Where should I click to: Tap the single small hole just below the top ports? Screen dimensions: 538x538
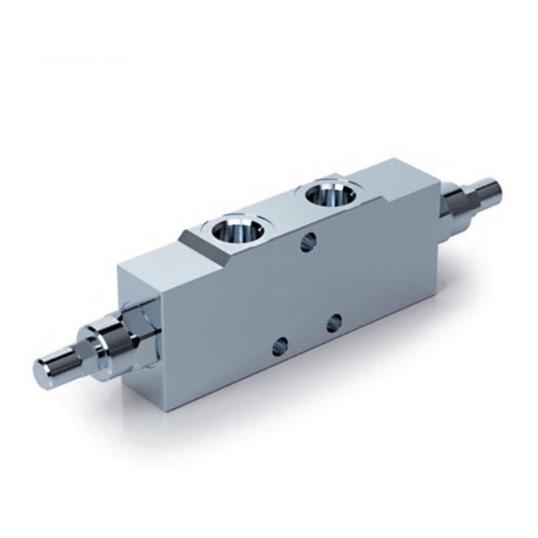coord(309,241)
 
